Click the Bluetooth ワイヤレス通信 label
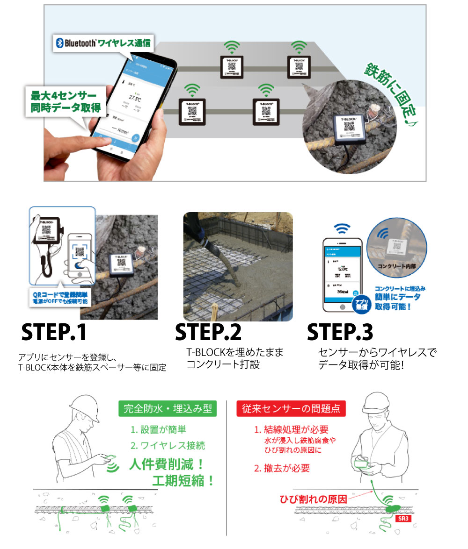tap(103, 43)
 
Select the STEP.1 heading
tap(54, 333)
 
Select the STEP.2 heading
tap(208, 333)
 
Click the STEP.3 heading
tap(340, 333)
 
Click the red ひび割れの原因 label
tap(313, 499)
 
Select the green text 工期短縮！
tap(183, 481)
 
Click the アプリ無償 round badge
tap(359, 303)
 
